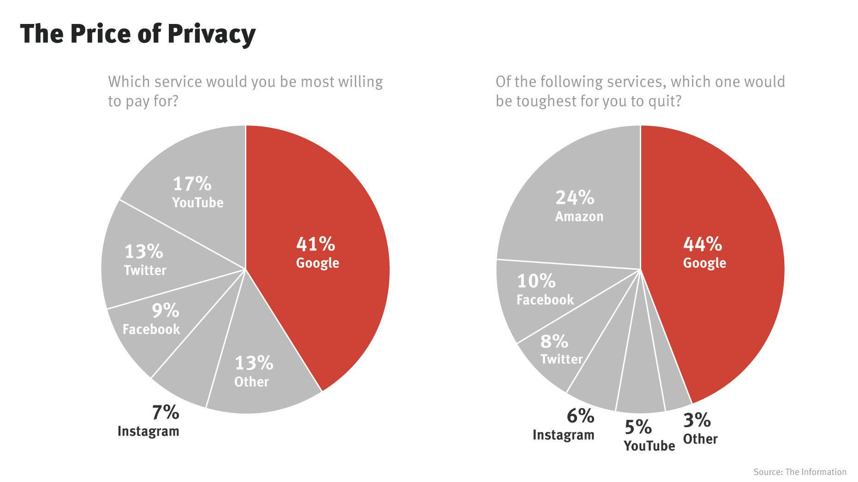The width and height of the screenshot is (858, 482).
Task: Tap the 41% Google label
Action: pos(317,253)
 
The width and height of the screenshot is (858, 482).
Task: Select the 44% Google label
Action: pos(704,253)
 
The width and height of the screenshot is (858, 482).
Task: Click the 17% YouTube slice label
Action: pos(197,193)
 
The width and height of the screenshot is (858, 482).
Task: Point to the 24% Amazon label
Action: pos(578,206)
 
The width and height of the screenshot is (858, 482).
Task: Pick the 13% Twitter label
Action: pos(145,260)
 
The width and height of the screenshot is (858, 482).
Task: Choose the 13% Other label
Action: pos(253,371)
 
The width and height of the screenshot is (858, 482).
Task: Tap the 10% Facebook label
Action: pos(544,290)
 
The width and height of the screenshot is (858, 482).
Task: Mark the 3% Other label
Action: pos(699,429)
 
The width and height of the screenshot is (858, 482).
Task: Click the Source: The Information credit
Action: pos(799,472)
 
